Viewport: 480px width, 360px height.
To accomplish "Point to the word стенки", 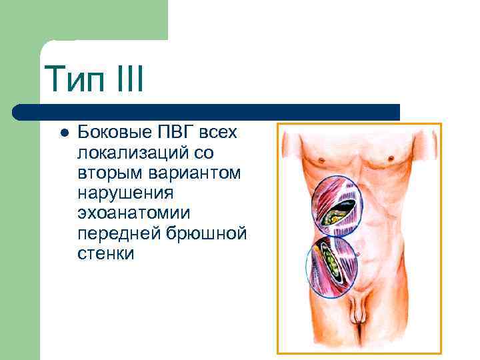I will coord(106,254).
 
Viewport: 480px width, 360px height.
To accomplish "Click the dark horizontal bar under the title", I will coord(207,112).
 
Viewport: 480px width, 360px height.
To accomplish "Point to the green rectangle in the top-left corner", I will coord(83,20).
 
